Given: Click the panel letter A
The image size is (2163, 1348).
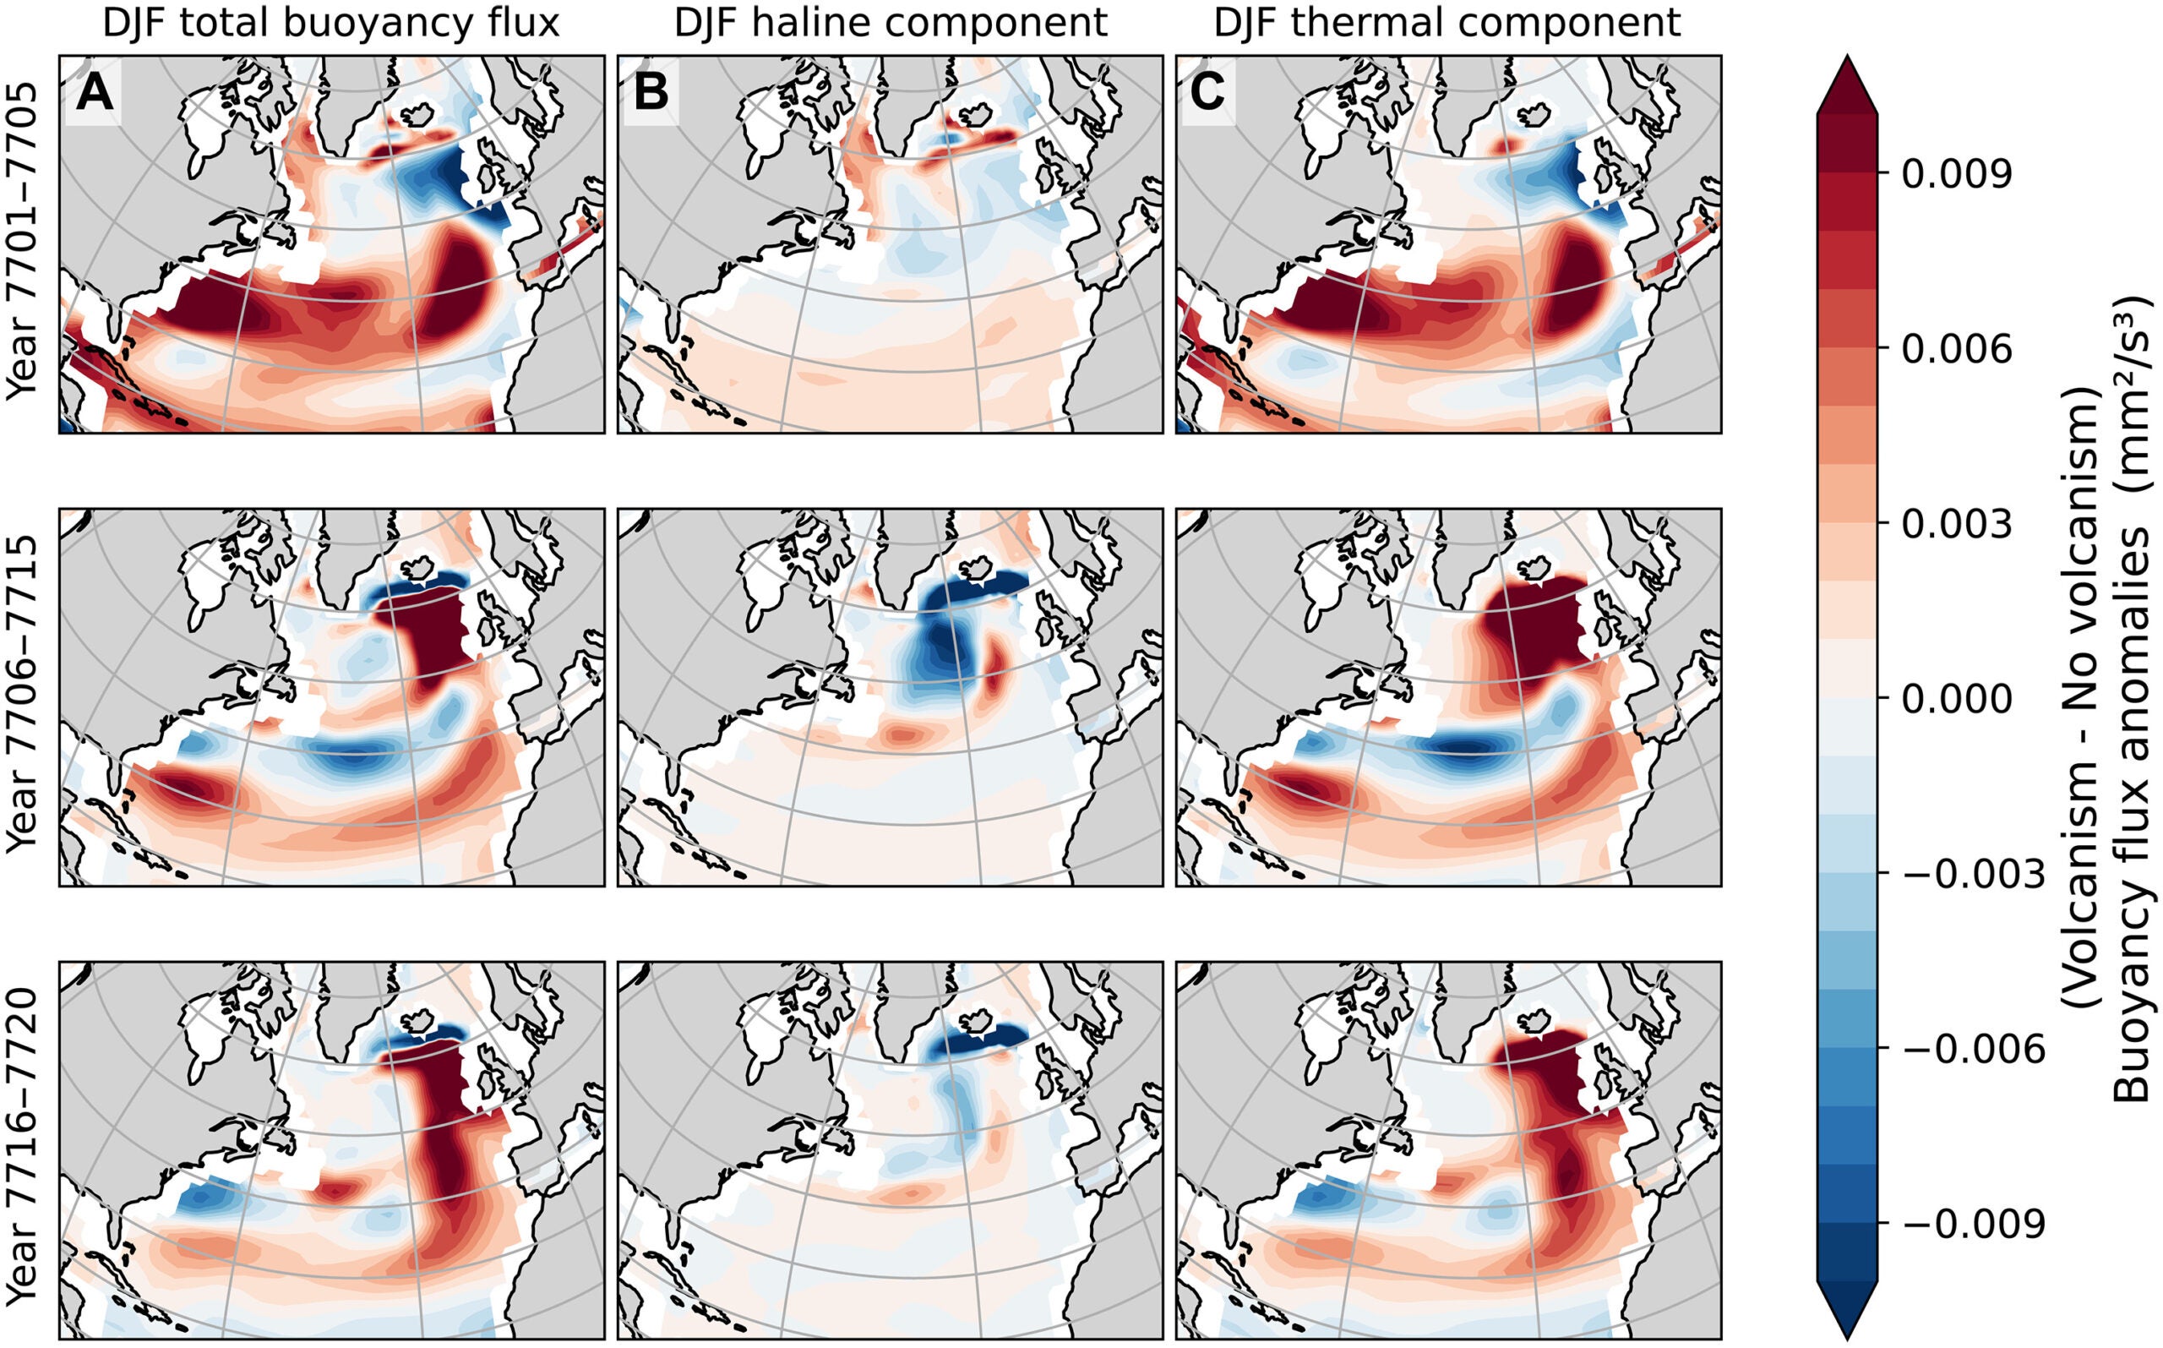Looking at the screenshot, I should [x=95, y=93].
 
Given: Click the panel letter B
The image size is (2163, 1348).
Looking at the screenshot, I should [x=651, y=93].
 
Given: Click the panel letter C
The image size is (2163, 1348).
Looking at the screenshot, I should [x=1207, y=93].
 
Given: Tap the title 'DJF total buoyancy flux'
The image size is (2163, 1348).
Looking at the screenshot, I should [x=331, y=22].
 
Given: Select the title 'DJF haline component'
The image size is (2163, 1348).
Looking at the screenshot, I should [x=890, y=22].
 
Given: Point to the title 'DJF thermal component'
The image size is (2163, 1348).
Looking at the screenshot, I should [x=1447, y=22].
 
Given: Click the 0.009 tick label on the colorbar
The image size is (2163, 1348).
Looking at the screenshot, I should [x=1956, y=175].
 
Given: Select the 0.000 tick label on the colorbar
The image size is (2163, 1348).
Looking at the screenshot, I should [x=1956, y=700].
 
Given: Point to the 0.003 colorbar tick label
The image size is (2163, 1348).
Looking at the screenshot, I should [x=1956, y=525].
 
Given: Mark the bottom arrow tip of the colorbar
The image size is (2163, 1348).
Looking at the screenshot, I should [x=1848, y=1337].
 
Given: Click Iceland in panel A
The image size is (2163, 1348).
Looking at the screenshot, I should [x=418, y=114].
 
